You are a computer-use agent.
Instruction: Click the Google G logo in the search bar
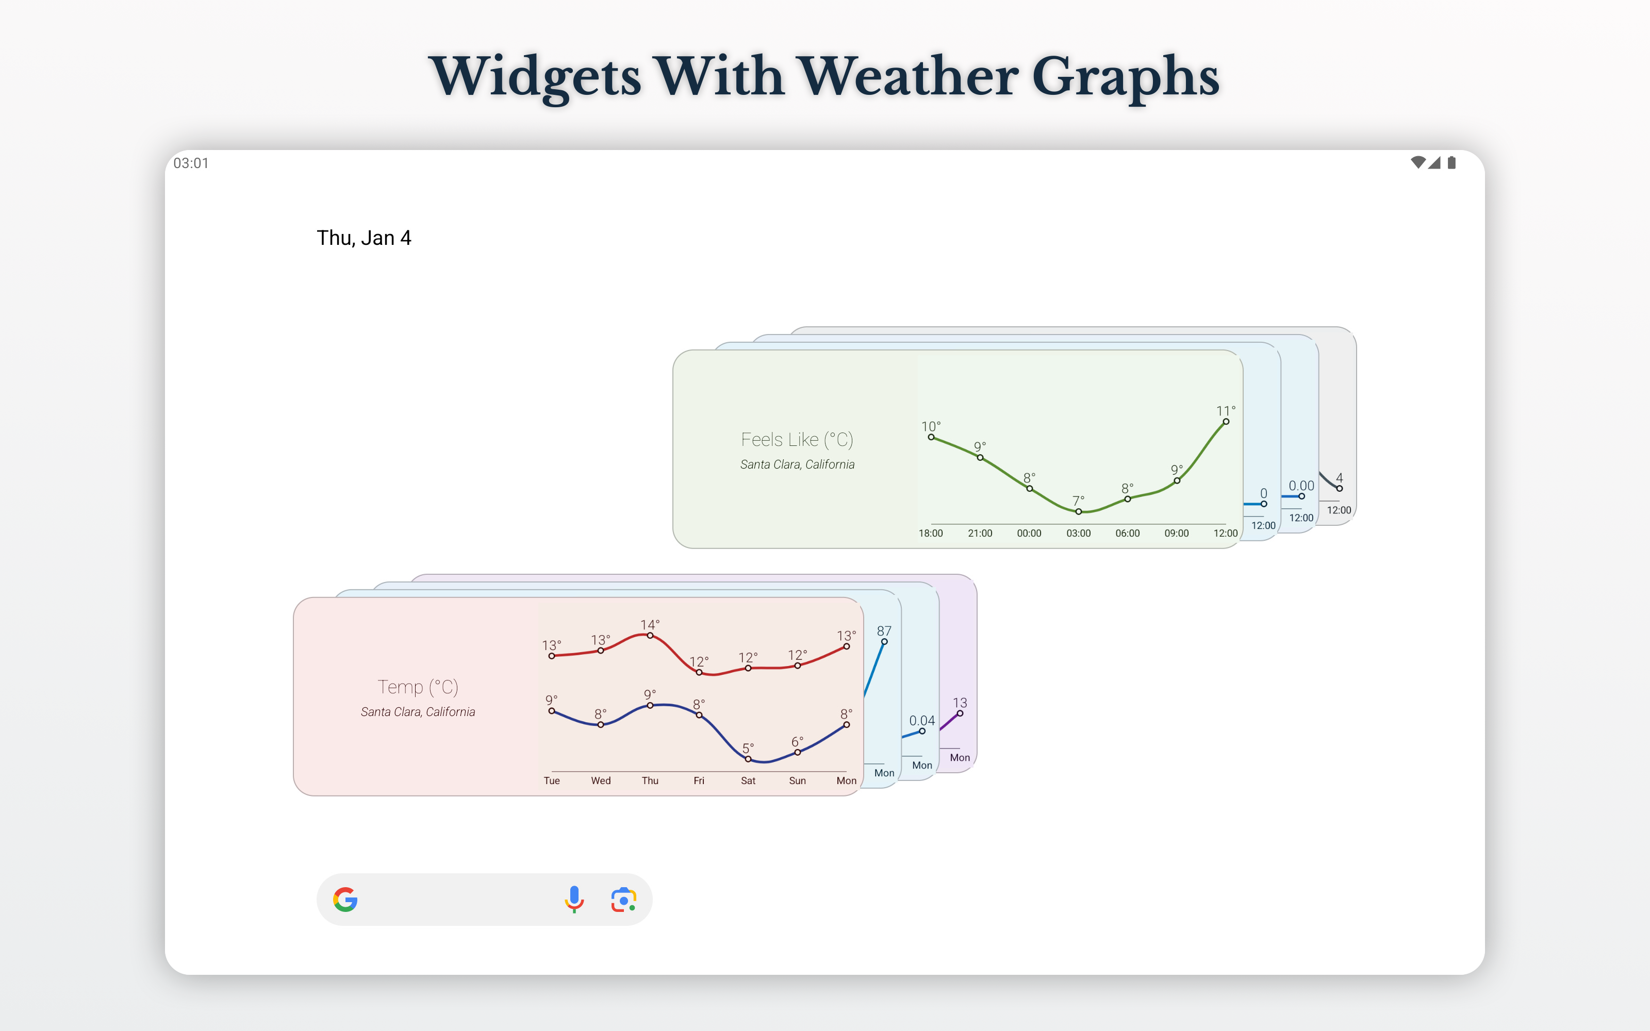(345, 900)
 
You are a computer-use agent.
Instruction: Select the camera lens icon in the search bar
(624, 900)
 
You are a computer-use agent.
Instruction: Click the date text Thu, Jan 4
(364, 238)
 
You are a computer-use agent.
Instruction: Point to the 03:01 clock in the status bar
(191, 163)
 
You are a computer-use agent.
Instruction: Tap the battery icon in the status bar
(1451, 162)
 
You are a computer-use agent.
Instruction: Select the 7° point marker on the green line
(1079, 511)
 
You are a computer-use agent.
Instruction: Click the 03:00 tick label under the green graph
(1079, 533)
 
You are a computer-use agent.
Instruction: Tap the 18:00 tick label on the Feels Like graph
(931, 533)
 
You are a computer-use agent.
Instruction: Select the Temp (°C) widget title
(418, 687)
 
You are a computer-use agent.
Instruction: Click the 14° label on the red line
(650, 625)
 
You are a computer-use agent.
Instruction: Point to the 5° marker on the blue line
(748, 759)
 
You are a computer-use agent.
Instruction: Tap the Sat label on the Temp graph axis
(748, 781)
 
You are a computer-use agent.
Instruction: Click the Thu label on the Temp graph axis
(650, 781)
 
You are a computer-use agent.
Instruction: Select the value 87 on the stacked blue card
(884, 631)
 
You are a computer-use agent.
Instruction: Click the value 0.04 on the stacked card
(922, 721)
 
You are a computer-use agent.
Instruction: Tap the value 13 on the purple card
(960, 703)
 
